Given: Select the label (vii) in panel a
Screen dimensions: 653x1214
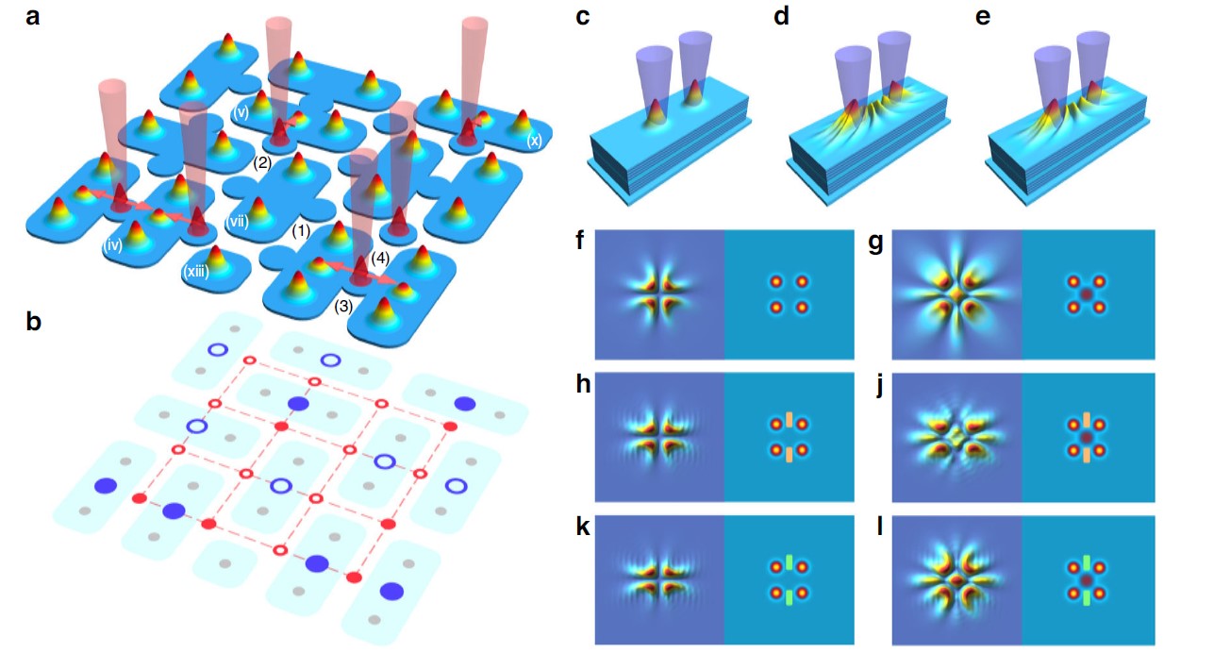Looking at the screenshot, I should (x=237, y=222).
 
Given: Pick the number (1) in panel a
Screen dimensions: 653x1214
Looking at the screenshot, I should (x=301, y=229).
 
